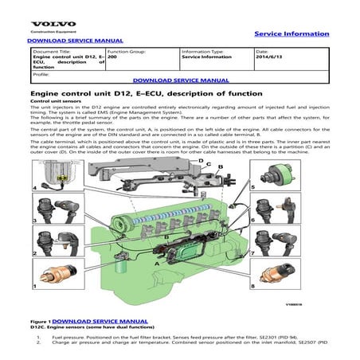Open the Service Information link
291,33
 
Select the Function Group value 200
112,57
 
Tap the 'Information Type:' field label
202,51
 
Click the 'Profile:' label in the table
41,74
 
